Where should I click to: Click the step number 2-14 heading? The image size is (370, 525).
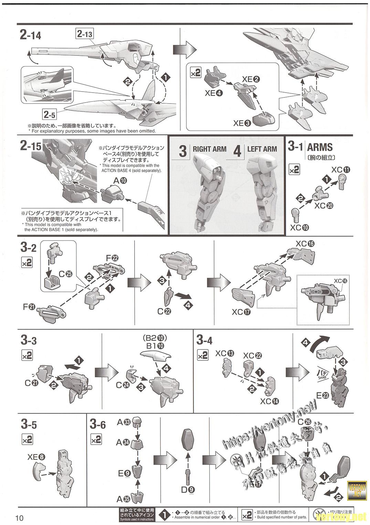pyautogui.click(x=31, y=35)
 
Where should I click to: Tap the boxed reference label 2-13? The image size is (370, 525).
pyautogui.click(x=85, y=34)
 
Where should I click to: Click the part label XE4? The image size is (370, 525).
pyautogui.click(x=214, y=93)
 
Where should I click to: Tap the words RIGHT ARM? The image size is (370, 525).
pyautogui.click(x=209, y=149)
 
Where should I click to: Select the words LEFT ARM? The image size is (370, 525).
pyautogui.click(x=262, y=149)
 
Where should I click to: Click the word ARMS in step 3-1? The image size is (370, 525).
pyautogui.click(x=320, y=147)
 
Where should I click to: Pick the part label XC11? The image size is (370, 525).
pyautogui.click(x=341, y=169)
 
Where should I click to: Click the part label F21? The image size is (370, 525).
pyautogui.click(x=30, y=306)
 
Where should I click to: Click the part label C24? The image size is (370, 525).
pyautogui.click(x=123, y=385)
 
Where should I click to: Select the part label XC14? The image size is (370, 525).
pyautogui.click(x=270, y=401)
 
